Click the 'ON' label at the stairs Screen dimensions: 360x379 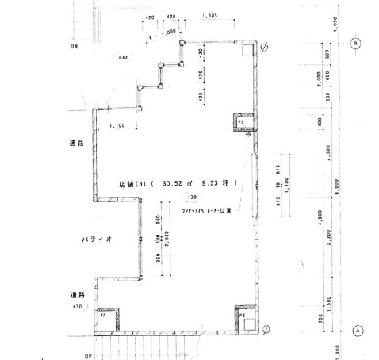73,46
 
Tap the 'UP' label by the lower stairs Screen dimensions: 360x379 89,355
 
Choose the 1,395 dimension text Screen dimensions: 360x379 210,16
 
